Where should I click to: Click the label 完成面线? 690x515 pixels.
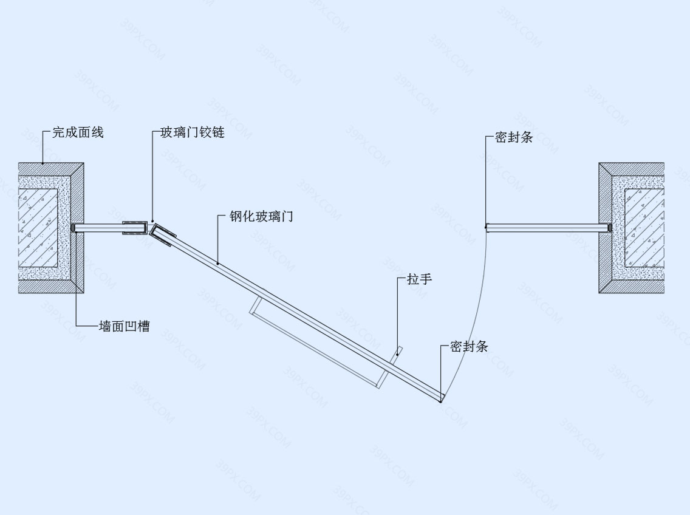pos(78,132)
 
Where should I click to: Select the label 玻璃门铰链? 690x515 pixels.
pos(193,132)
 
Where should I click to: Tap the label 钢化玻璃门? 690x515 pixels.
pos(261,216)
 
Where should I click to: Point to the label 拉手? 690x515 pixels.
pos(419,279)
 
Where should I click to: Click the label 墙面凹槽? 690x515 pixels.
pos(125,326)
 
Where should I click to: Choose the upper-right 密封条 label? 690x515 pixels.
pos(514,137)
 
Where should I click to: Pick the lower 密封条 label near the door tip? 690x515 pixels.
pos(469,346)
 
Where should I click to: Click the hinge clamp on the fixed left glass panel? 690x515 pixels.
pos(135,228)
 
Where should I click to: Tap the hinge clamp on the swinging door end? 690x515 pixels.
pos(162,236)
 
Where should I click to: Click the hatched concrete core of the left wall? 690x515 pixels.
pos(38,228)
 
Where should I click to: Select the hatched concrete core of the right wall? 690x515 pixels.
pos(644,228)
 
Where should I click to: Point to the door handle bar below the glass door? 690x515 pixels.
pos(315,343)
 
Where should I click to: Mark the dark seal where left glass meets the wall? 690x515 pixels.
pos(73,228)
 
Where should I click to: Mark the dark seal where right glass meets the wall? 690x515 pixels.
pos(609,228)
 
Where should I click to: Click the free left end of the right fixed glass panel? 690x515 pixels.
pos(487,228)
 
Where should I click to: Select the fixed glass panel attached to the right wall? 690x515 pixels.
pos(547,228)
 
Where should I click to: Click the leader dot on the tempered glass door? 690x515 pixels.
pos(217,263)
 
